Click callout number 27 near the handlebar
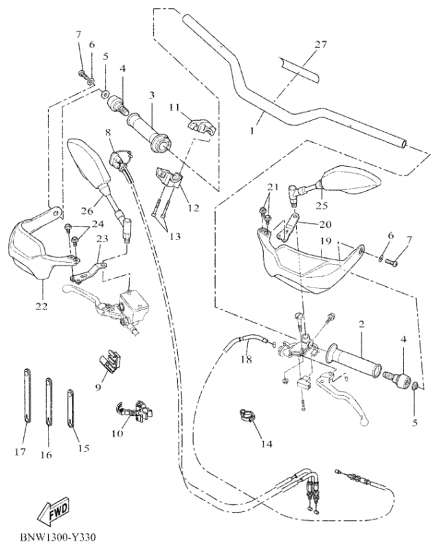pyautogui.click(x=321, y=45)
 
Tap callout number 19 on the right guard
pyautogui.click(x=325, y=242)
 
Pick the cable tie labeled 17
pyautogui.click(x=25, y=404)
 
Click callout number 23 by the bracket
pyautogui.click(x=102, y=239)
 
